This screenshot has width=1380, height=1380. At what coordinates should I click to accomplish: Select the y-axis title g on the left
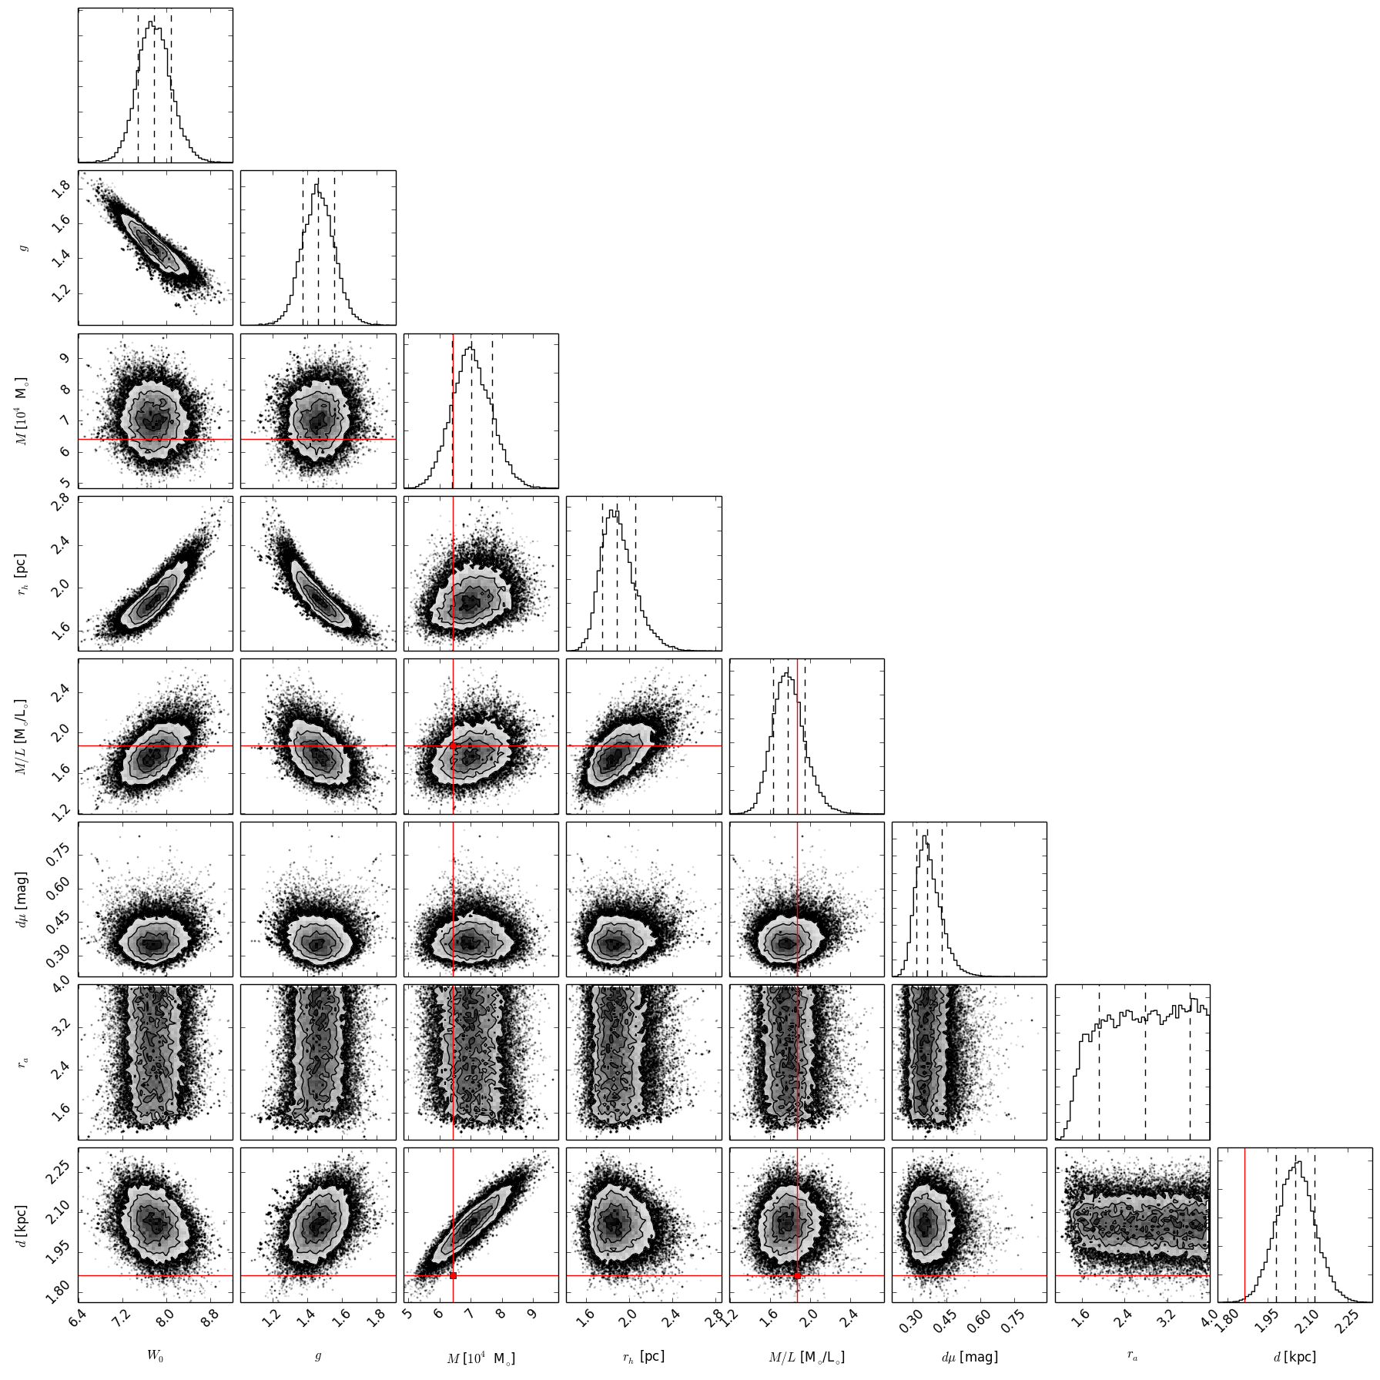click(x=26, y=247)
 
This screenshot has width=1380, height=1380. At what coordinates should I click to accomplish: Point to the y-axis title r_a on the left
click(x=26, y=1061)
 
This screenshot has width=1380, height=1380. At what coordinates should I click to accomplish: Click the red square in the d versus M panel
click(x=453, y=1276)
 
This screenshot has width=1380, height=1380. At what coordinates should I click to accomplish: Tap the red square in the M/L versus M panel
click(x=453, y=745)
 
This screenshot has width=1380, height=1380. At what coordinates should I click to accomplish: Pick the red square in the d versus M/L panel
click(x=797, y=1276)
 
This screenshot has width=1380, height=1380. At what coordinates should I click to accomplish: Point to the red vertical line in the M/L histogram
click(x=797, y=736)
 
